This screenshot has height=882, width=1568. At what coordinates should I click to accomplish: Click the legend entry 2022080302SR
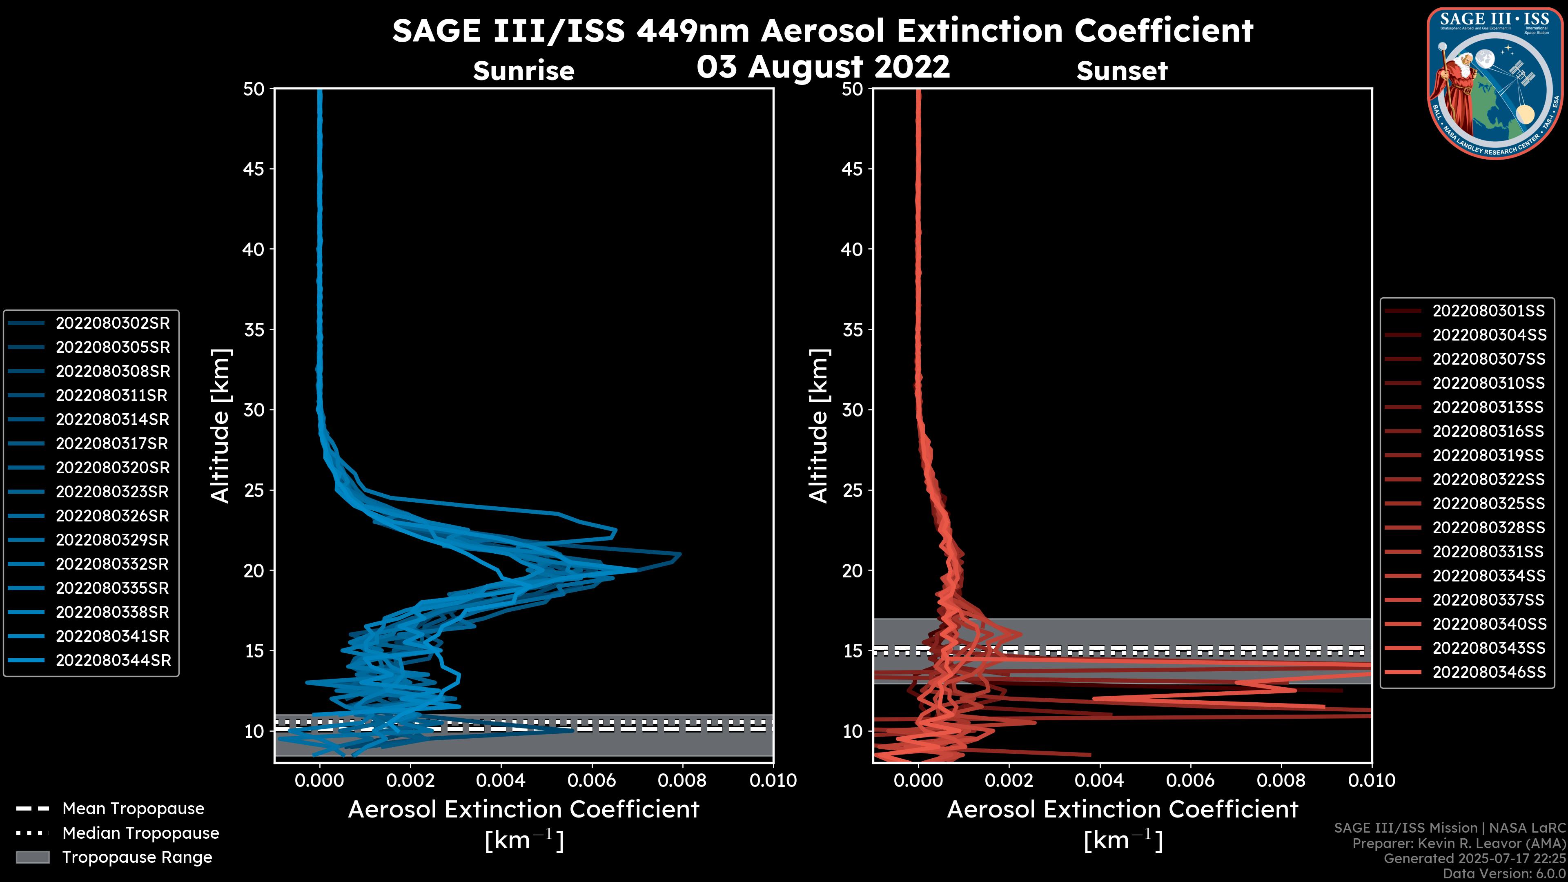[113, 323]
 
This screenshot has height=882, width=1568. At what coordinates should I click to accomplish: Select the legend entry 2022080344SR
[113, 660]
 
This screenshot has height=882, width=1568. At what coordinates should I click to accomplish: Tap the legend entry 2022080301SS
[1488, 311]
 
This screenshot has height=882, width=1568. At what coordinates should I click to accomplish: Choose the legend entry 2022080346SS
[1489, 672]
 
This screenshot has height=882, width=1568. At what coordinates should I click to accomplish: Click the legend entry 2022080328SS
[1488, 528]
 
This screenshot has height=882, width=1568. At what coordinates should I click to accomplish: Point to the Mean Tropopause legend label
[133, 809]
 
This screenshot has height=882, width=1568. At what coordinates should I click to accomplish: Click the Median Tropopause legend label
[140, 833]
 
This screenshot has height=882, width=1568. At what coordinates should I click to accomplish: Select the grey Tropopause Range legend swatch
[32, 857]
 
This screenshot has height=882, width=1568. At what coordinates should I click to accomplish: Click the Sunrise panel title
[523, 71]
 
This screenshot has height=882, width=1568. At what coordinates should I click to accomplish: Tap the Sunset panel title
[1122, 71]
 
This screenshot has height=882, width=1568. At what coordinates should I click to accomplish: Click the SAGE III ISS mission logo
[1494, 83]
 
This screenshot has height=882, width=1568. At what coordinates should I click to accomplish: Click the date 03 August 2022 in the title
[822, 66]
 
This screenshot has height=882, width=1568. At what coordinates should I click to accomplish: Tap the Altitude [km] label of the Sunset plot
[819, 426]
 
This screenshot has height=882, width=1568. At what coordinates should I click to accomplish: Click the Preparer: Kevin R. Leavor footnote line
[1459, 844]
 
